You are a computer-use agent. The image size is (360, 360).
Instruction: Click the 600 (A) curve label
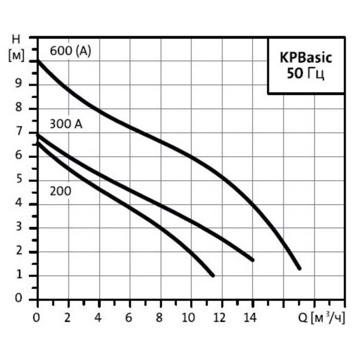[70, 51]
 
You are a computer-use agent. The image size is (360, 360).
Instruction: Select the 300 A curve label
[66, 124]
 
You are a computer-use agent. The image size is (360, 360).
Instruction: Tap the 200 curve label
[60, 191]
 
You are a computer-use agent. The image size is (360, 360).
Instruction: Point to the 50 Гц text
[305, 74]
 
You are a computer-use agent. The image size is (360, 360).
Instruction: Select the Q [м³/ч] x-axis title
[321, 318]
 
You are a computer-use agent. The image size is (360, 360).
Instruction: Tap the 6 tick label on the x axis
[129, 318]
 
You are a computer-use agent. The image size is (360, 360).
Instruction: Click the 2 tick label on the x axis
[68, 318]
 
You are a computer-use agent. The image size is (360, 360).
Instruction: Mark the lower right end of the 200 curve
[212, 275]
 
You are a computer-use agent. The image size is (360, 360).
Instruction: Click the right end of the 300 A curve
[252, 260]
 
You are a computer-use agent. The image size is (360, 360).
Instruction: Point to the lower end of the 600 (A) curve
[299, 268]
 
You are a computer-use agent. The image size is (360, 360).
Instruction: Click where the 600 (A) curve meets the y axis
[38, 61]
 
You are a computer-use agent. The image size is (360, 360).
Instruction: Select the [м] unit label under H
[16, 56]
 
